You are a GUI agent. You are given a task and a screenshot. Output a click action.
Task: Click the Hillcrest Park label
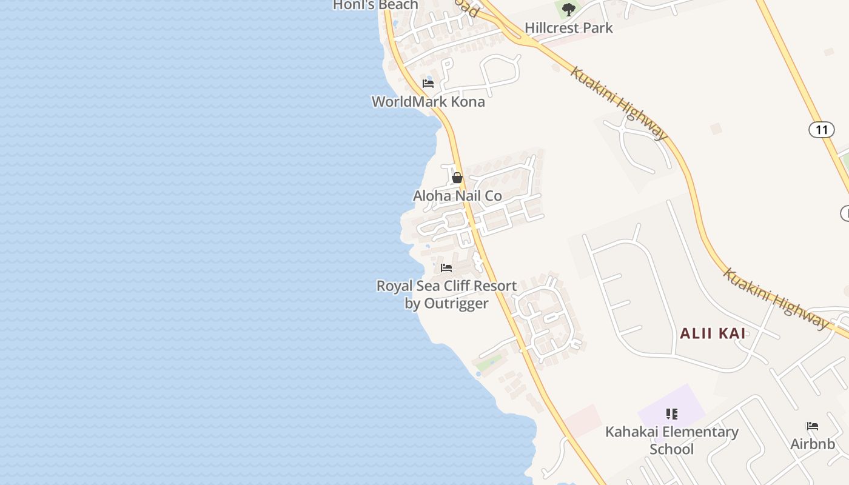[x=568, y=28]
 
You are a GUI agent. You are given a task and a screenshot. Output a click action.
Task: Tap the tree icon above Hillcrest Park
[x=568, y=9]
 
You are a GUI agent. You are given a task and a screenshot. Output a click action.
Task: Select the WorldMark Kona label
[x=428, y=101]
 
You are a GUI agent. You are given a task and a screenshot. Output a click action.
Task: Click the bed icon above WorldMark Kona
[x=428, y=84]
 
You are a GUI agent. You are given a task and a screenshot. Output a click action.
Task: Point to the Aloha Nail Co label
[x=457, y=196]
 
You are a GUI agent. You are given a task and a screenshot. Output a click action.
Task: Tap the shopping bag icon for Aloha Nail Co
[x=457, y=178]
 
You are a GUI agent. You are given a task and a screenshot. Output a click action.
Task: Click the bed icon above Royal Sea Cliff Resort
[x=446, y=267]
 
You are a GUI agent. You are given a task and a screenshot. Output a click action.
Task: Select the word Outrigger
[x=456, y=303]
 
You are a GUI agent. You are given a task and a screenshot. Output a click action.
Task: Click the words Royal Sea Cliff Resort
[x=446, y=286]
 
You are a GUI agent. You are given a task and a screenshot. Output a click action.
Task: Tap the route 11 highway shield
[x=821, y=129]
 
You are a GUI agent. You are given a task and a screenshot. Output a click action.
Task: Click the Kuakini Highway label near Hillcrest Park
[x=619, y=104]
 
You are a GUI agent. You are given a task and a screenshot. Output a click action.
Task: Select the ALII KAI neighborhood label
[x=713, y=333]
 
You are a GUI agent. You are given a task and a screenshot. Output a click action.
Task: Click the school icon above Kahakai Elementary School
[x=671, y=414]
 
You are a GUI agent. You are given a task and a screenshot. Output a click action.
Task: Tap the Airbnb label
[x=813, y=444]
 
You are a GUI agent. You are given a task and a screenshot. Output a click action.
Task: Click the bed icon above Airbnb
[x=813, y=426]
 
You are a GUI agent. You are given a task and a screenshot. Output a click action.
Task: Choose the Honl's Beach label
[x=375, y=5]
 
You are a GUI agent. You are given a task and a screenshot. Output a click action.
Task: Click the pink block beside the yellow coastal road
[x=582, y=420]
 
